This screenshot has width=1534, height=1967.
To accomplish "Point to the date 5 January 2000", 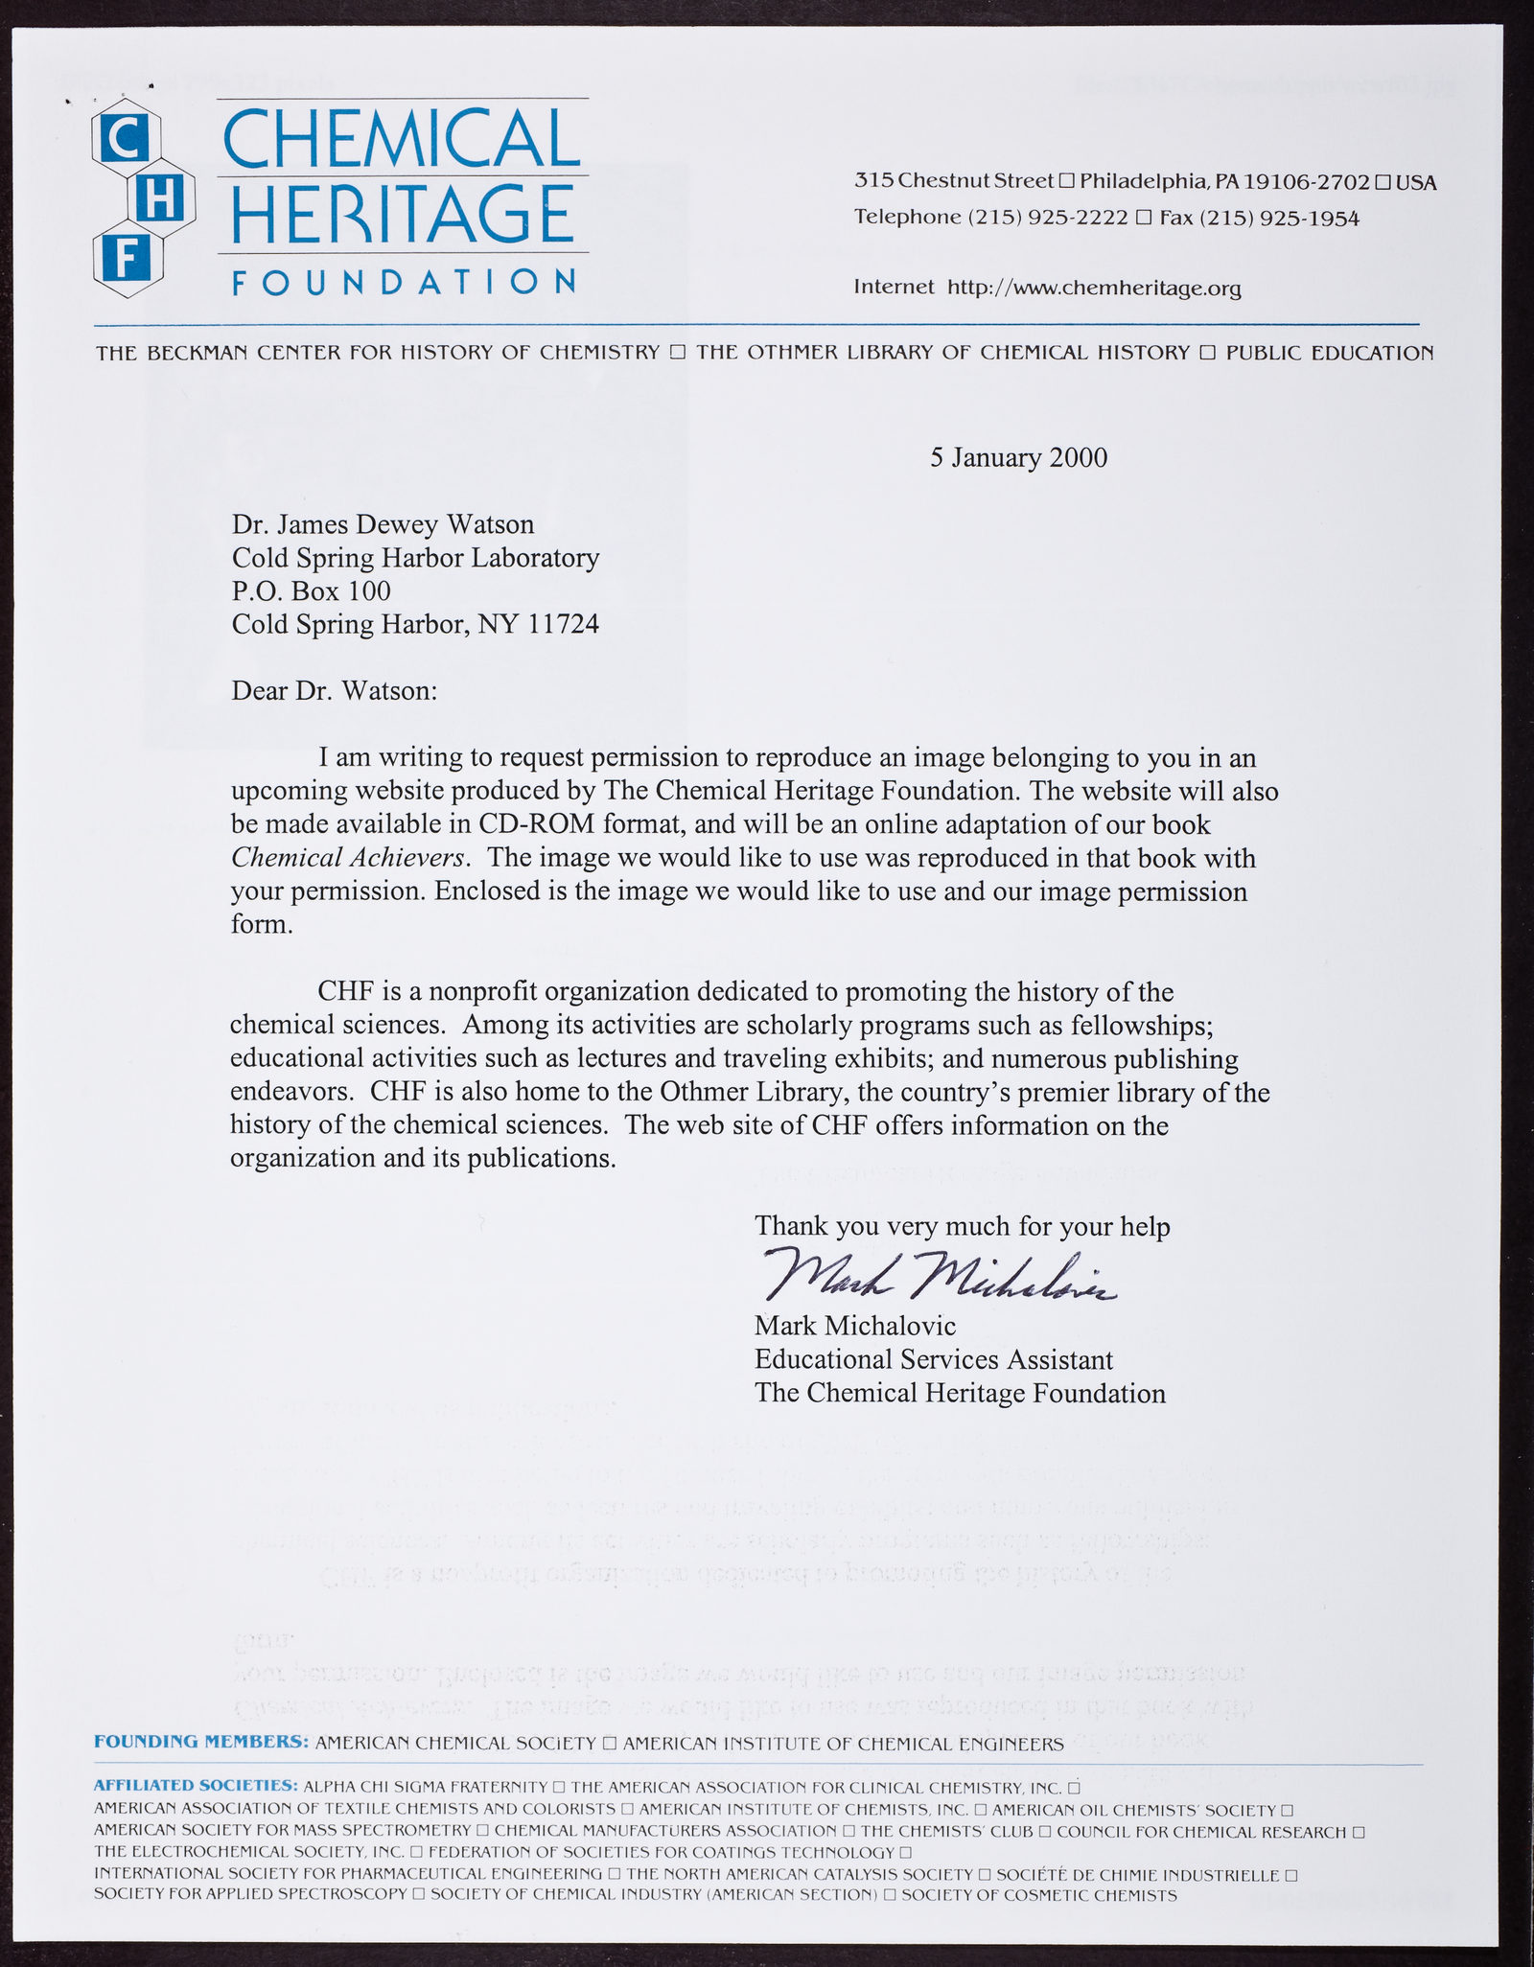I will click(x=1018, y=457).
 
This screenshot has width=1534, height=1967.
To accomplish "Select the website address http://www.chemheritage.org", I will click(x=1094, y=288).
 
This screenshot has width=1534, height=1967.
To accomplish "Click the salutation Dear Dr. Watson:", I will click(x=334, y=690).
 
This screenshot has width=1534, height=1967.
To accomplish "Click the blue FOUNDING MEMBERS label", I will click(x=200, y=1742).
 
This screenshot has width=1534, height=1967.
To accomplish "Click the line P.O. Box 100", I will click(x=311, y=590).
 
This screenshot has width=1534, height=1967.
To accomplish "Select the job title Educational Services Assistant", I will click(x=933, y=1359).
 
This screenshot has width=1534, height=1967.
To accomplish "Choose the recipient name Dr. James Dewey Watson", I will click(x=383, y=524).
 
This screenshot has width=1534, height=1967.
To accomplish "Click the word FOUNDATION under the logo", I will click(x=404, y=282).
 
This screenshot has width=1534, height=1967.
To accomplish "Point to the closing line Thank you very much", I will click(x=962, y=1226).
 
